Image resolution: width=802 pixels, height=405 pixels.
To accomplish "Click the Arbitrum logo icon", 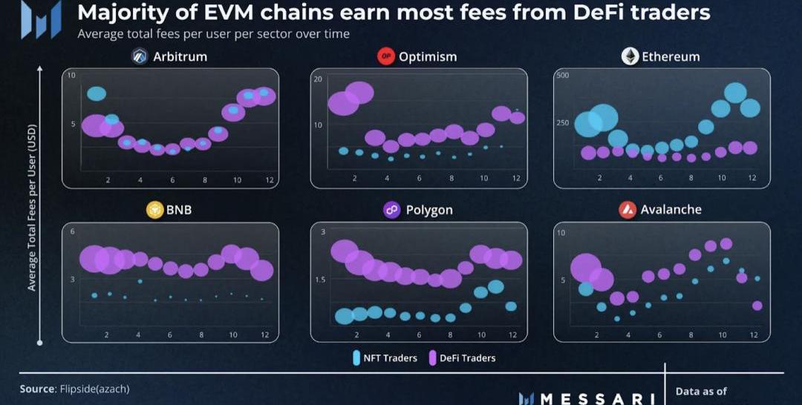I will click(140, 57).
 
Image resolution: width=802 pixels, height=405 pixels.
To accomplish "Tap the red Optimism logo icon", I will click(385, 57).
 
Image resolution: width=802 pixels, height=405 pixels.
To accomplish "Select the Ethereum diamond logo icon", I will click(630, 57).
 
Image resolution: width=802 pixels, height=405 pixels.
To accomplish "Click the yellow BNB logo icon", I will click(154, 210).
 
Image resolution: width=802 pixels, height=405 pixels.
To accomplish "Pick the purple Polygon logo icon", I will click(392, 210).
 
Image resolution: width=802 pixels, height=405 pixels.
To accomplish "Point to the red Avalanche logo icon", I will click(627, 210).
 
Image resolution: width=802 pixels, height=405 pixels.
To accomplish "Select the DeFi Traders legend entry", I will click(461, 358).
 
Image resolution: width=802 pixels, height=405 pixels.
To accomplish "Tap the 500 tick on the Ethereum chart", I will click(562, 76).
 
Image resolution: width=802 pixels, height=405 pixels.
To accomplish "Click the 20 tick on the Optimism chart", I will click(318, 79).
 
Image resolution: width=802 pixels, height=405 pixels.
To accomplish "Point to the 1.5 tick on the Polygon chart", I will click(320, 280).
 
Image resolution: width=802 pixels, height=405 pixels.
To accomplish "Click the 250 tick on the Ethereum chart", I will click(562, 123).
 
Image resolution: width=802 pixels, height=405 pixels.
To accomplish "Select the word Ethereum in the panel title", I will click(671, 57).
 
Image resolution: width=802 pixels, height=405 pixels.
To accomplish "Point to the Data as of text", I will click(701, 392).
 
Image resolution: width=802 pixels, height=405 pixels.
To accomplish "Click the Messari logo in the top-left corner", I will click(41, 19).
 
